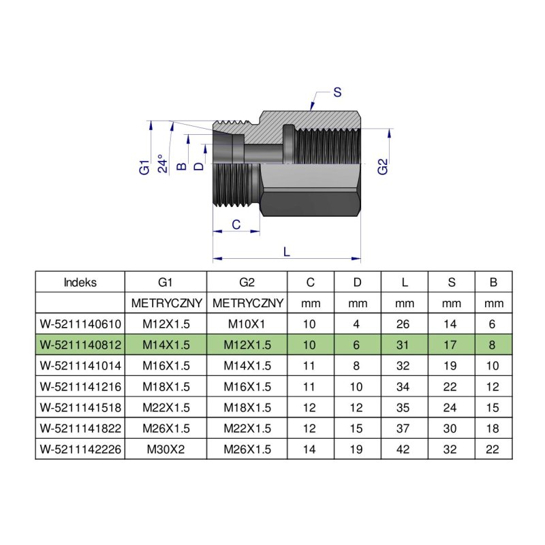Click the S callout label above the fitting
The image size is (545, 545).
coord(337,93)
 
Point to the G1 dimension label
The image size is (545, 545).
coord(144,167)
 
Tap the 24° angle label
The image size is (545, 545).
coord(163,163)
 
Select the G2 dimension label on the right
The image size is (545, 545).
coord(382,166)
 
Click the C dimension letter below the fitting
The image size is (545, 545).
coord(236,225)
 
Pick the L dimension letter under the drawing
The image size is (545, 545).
coord(286,251)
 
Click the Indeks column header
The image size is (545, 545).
coord(80,282)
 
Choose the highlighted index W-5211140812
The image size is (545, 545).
coord(80,345)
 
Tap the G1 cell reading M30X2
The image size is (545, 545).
coord(166,449)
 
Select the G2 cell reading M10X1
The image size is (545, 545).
coord(247,324)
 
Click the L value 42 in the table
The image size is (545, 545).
coord(403,449)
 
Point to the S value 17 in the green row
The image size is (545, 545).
coord(450,345)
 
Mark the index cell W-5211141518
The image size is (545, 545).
coord(80,407)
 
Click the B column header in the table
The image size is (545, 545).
coord(493,282)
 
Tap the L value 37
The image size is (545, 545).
coord(403,429)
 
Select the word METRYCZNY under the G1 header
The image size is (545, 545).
coord(166,303)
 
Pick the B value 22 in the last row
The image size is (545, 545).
coord(493,449)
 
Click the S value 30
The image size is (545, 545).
coord(450,429)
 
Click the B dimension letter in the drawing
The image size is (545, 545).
coord(181,166)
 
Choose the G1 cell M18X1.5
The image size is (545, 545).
coord(166,386)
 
